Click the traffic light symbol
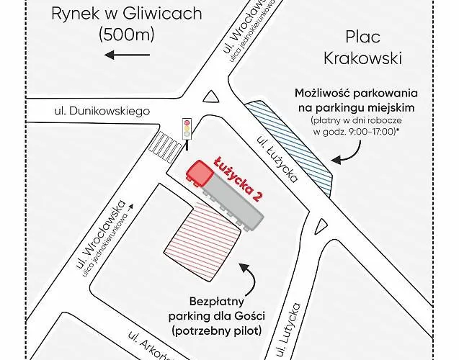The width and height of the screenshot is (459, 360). pyautogui.click(x=187, y=129)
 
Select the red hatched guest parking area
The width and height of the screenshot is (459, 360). pyautogui.click(x=202, y=232)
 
